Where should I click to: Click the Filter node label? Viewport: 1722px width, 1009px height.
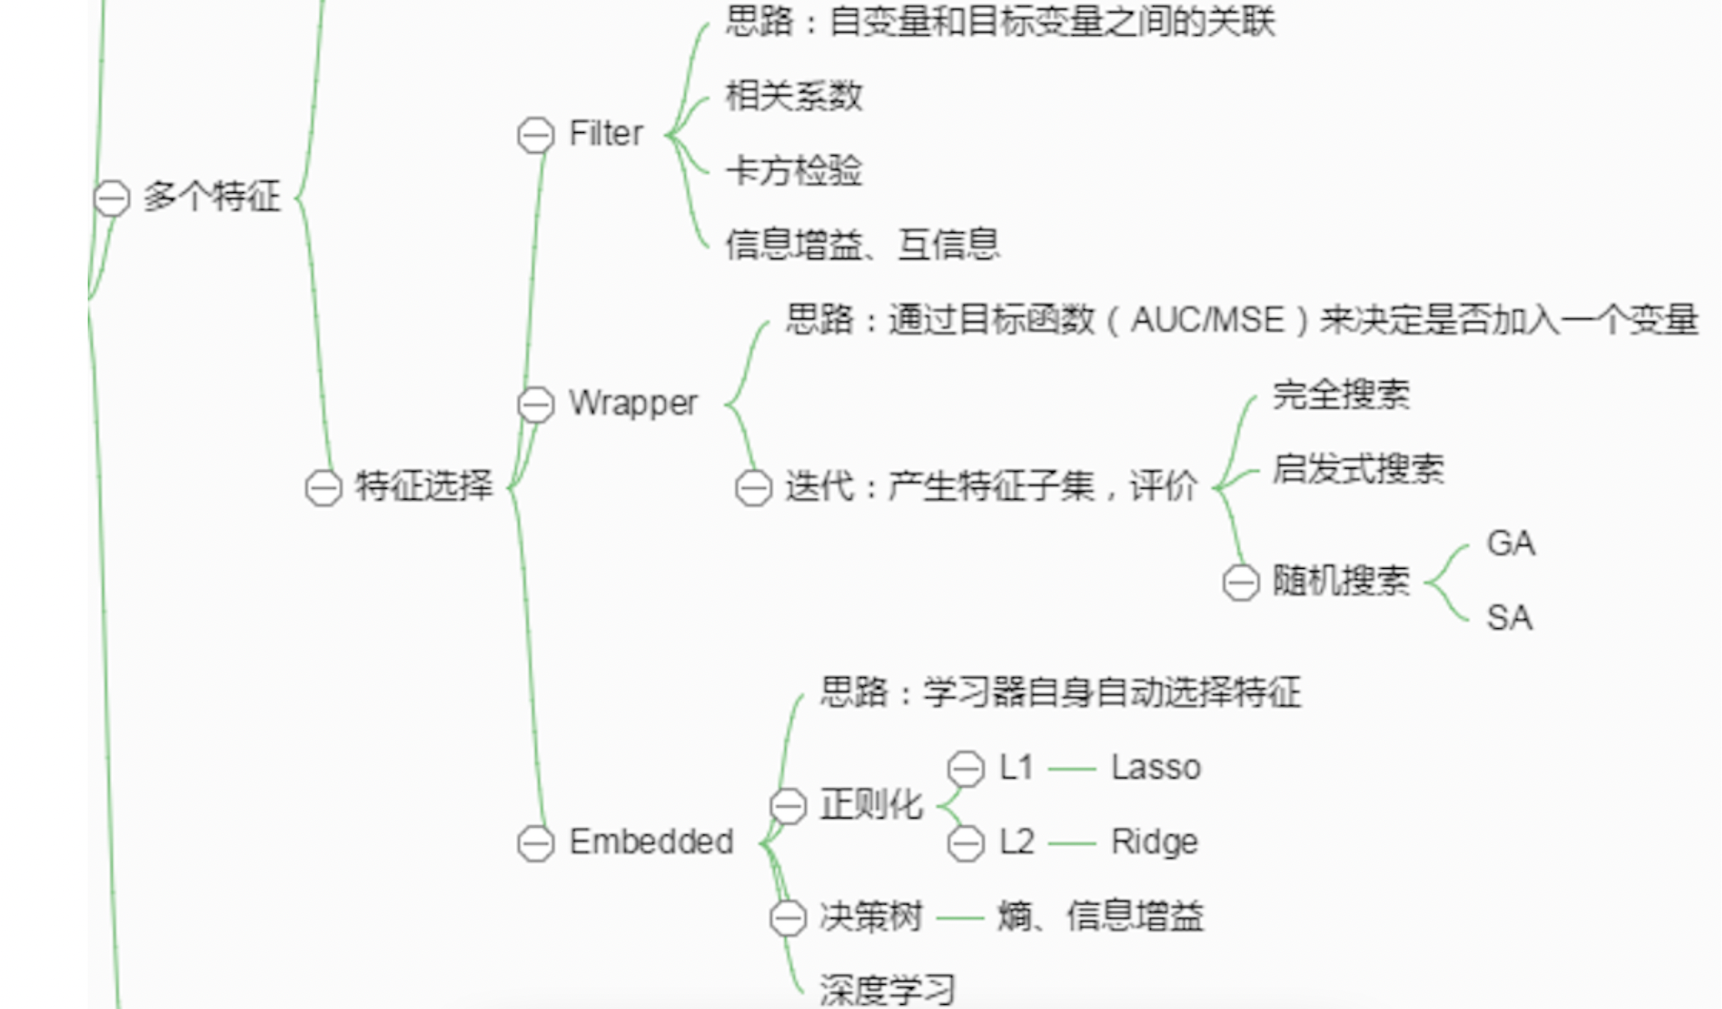pyautogui.click(x=606, y=134)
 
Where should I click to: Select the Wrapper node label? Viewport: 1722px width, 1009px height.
pyautogui.click(x=633, y=403)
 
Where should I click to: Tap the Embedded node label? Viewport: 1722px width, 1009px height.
pyautogui.click(x=651, y=842)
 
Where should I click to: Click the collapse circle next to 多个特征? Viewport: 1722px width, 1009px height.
pyautogui.click(x=112, y=199)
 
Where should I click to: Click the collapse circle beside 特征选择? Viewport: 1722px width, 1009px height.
pyautogui.click(x=323, y=488)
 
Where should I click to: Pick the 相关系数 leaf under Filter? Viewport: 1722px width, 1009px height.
pyautogui.click(x=793, y=96)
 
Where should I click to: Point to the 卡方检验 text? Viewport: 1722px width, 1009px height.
pyautogui.click(x=793, y=171)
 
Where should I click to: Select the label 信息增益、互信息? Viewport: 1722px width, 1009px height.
pyautogui.click(x=862, y=245)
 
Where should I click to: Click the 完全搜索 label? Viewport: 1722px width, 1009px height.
pyautogui.click(x=1341, y=395)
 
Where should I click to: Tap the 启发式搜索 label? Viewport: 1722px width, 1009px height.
pyautogui.click(x=1358, y=469)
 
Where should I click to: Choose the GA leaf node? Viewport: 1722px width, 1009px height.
pyautogui.click(x=1511, y=544)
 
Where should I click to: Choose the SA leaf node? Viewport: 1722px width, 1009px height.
pyautogui.click(x=1509, y=618)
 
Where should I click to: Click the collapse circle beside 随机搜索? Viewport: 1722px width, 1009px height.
pyautogui.click(x=1241, y=582)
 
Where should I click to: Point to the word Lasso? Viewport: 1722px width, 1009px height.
pyautogui.click(x=1156, y=768)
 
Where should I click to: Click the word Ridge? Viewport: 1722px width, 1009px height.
pyautogui.click(x=1154, y=842)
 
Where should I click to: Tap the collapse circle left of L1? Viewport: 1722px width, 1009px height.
pyautogui.click(x=966, y=768)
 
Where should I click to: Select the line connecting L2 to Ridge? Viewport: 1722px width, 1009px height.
pyautogui.click(x=1071, y=844)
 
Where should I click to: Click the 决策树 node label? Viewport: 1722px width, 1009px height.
pyautogui.click(x=871, y=917)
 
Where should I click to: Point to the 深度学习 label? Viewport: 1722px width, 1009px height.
pyautogui.click(x=887, y=991)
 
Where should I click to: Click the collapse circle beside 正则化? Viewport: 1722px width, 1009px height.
pyautogui.click(x=788, y=806)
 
